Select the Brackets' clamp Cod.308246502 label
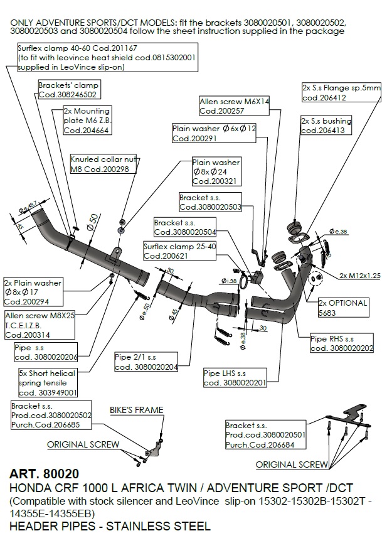click(68, 90)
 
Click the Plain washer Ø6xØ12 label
click(214, 133)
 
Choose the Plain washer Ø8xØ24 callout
click(216, 171)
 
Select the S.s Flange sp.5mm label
click(341, 93)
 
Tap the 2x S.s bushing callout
click(326, 126)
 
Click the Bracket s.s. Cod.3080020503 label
click(211, 201)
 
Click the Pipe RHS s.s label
click(342, 343)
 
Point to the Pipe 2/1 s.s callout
click(146, 362)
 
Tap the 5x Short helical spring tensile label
click(48, 382)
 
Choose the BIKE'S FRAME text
click(136, 411)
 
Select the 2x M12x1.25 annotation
click(360, 275)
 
